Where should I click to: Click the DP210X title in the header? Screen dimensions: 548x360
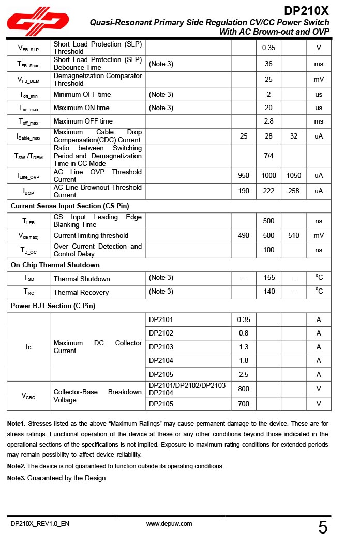306,11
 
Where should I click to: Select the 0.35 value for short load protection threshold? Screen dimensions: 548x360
268,48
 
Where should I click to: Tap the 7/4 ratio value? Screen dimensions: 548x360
268,156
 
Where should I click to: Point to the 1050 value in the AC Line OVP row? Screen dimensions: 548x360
293,176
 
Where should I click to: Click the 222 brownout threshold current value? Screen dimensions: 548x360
268,191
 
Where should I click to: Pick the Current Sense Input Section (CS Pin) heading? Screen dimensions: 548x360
70,206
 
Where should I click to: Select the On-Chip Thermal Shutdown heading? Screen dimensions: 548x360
55,265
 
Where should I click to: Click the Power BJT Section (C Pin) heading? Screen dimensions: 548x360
53,306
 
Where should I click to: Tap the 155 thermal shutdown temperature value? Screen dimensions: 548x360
269,278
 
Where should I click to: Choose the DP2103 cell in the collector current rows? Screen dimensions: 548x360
161,347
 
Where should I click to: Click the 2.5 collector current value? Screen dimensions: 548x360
244,374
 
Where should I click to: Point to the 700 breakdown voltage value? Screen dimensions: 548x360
244,404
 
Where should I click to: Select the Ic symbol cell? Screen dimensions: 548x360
28,347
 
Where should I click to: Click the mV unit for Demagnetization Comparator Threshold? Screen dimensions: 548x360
319,80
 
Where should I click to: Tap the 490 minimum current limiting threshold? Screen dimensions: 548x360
244,236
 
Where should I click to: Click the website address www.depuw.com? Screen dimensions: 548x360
169,524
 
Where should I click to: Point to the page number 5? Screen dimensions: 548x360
323,528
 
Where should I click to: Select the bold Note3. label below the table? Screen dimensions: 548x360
17,478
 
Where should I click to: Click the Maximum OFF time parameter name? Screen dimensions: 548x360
83,121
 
